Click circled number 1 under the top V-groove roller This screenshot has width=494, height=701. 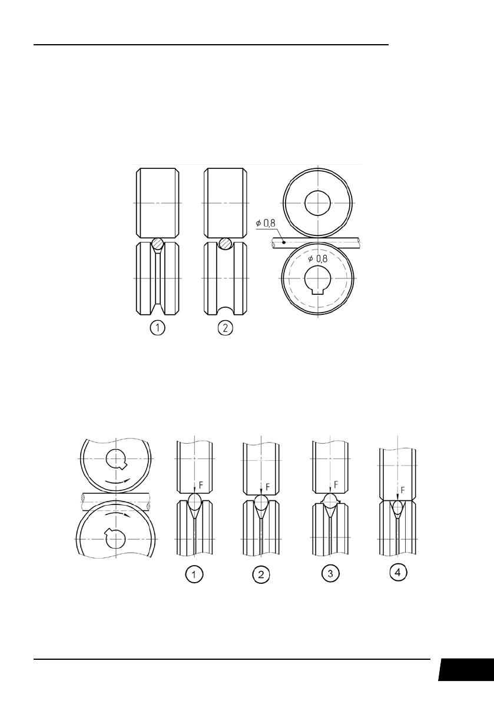click(157, 328)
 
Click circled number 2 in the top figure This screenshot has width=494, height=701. click(225, 328)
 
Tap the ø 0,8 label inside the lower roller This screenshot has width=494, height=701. click(318, 258)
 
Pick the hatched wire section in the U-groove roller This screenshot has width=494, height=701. click(225, 244)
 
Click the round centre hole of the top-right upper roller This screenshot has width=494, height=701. click(317, 203)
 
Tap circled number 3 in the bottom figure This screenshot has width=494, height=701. click(330, 574)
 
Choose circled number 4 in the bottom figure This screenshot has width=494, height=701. click(399, 573)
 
